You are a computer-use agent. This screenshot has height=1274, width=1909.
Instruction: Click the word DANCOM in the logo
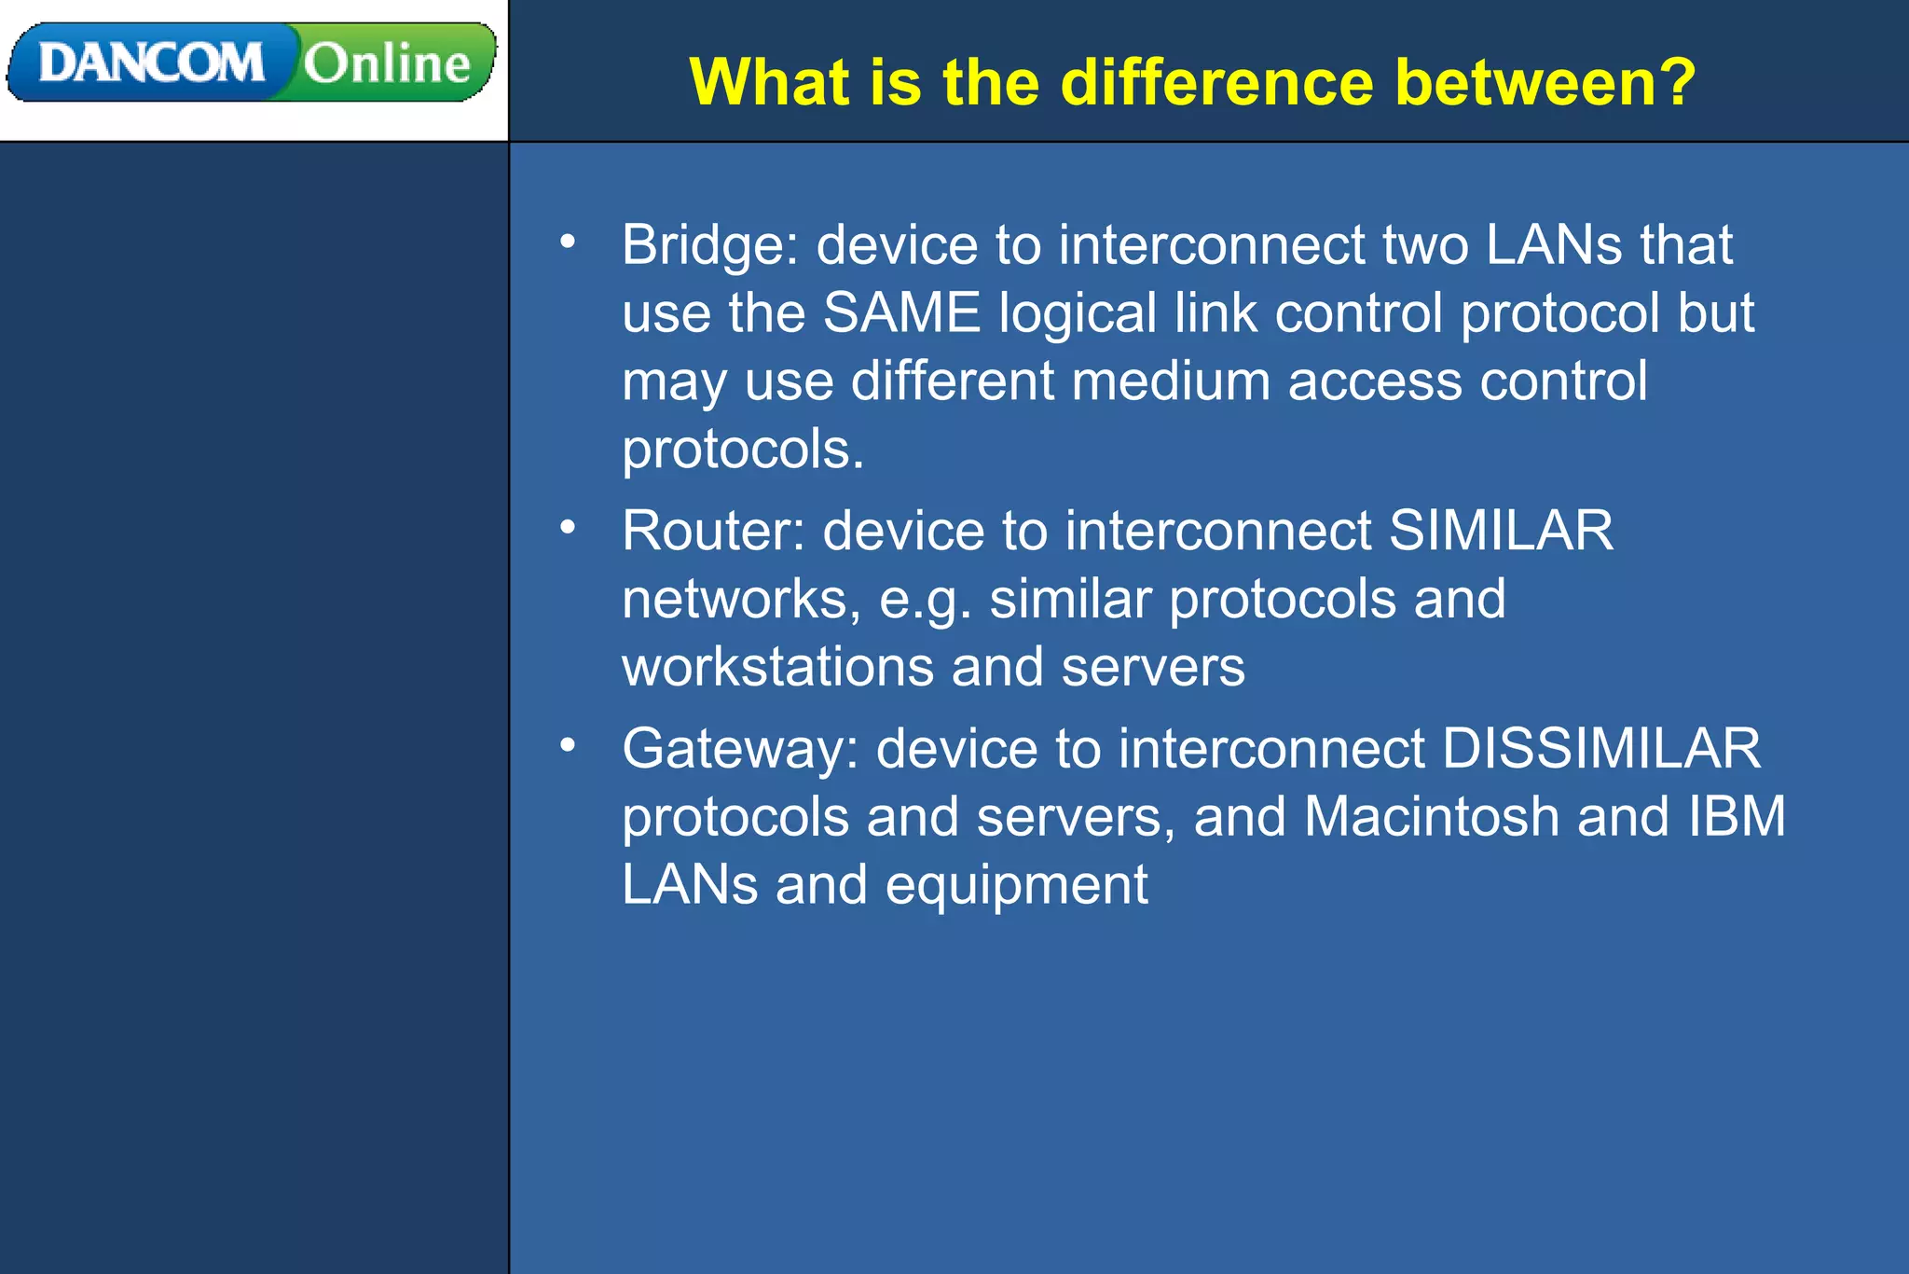click(x=151, y=63)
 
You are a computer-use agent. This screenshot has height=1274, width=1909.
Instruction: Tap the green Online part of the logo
click(x=387, y=63)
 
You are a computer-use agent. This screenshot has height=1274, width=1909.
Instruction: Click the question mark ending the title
click(x=1676, y=82)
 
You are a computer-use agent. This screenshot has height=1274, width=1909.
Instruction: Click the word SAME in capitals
click(x=901, y=312)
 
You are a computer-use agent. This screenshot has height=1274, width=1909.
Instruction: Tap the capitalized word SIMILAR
click(x=1501, y=531)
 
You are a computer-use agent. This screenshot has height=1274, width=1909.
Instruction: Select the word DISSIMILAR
click(x=1601, y=748)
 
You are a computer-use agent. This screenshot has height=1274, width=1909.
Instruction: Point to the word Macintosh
click(x=1432, y=816)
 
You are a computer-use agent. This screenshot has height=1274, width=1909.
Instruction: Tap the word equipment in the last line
click(x=1016, y=885)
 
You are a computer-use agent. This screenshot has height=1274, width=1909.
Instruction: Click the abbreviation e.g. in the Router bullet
click(x=925, y=600)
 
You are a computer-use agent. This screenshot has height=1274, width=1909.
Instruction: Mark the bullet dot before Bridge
click(x=568, y=242)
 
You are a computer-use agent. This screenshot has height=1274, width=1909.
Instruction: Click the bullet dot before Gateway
click(x=568, y=745)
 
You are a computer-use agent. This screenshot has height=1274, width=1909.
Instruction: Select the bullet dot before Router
click(x=568, y=528)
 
